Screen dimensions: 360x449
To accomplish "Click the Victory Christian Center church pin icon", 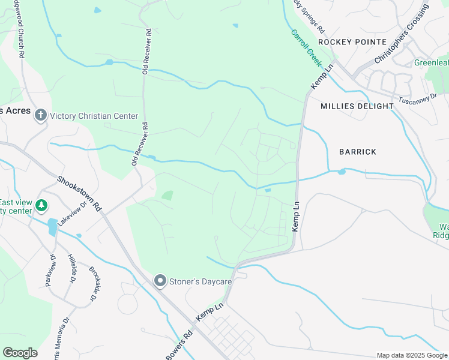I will (x=41, y=115).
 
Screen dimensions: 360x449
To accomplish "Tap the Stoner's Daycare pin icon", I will (x=160, y=280).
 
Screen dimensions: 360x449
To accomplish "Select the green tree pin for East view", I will (x=41, y=206).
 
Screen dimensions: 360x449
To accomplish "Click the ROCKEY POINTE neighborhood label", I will (x=352, y=42).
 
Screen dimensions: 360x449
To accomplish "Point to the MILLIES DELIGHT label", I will (x=357, y=106).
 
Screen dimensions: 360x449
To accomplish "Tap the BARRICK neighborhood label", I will (x=358, y=152).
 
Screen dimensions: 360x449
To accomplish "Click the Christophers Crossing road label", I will (x=402, y=34).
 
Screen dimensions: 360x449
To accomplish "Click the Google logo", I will (x=20, y=353).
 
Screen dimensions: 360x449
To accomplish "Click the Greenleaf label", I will (x=431, y=62).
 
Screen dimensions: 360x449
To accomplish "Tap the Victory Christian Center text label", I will (x=94, y=116).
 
